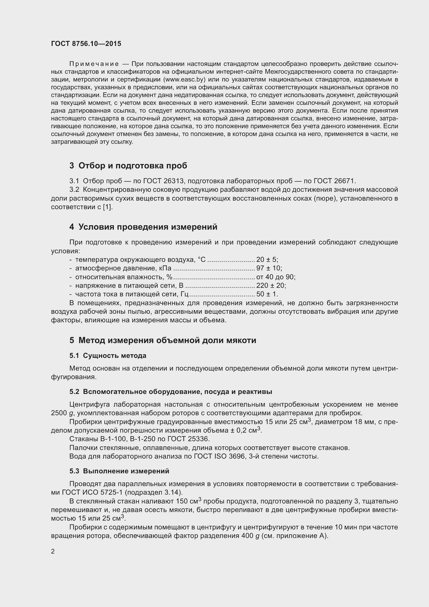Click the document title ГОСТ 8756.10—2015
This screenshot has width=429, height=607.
86,44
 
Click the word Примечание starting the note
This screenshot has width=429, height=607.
94,64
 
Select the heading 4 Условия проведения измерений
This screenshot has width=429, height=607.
143,227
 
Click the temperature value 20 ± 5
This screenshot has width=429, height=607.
267,260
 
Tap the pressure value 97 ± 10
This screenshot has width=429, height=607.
269,268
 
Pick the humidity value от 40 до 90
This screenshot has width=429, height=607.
275,277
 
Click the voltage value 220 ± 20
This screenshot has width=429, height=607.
271,285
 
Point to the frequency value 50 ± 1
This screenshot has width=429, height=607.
267,294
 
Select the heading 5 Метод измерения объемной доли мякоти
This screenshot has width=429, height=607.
163,340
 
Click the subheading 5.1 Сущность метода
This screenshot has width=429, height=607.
108,356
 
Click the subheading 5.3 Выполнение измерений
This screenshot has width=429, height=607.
119,471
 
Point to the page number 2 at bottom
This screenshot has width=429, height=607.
53,551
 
